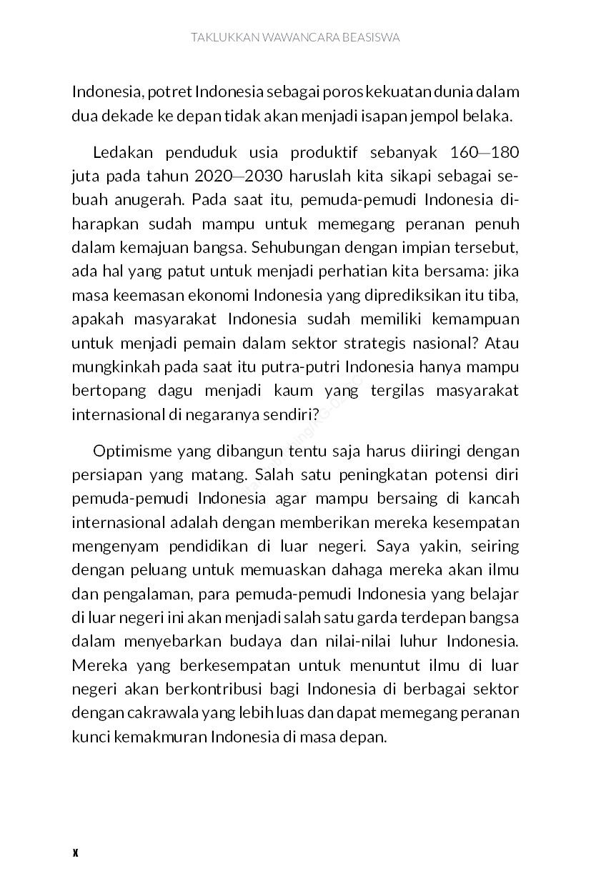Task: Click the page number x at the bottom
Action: click(75, 852)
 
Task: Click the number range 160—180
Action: click(485, 154)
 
